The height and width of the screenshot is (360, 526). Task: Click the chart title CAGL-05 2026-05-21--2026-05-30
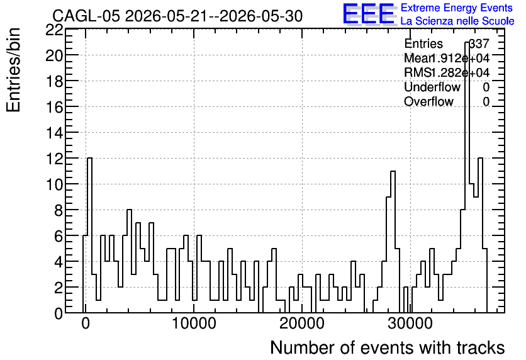tap(177, 16)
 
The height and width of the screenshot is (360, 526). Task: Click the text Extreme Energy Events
tap(457, 8)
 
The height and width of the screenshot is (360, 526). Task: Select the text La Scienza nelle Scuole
tap(457, 21)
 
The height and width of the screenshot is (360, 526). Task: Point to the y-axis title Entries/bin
tap(13, 70)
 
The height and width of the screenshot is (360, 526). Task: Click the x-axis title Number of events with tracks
tap(388, 347)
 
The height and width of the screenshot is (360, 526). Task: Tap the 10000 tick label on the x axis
tap(194, 323)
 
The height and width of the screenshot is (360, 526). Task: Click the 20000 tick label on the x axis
tap(302, 323)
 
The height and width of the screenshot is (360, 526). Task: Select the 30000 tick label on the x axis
tap(410, 323)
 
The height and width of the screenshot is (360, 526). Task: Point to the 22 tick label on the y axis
tap(54, 30)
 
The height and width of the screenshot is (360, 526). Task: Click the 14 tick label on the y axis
tap(54, 133)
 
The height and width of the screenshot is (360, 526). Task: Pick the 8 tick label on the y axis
tap(59, 210)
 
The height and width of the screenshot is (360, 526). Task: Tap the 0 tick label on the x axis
tap(86, 323)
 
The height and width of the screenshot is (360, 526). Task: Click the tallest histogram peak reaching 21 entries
tap(467, 42)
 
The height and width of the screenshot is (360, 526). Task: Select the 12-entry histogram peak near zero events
tap(89, 158)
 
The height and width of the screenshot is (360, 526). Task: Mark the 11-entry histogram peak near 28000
tap(393, 171)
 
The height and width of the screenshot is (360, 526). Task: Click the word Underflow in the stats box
tap(432, 87)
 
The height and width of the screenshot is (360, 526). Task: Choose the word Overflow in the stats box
tap(428, 102)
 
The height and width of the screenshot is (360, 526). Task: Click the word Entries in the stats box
tap(423, 43)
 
